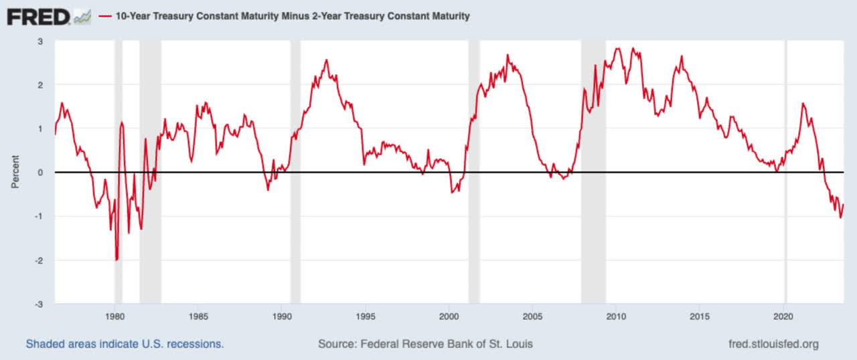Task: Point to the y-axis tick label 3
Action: click(x=41, y=41)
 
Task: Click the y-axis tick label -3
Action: click(x=40, y=304)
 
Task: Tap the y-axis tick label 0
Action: click(x=41, y=173)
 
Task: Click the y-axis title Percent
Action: click(x=15, y=172)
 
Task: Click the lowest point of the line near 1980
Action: click(x=116, y=260)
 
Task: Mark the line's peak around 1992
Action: click(x=326, y=60)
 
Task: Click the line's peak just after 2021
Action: click(x=803, y=104)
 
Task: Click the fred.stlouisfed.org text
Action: click(x=773, y=345)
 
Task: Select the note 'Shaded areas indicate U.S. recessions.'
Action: click(x=125, y=345)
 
